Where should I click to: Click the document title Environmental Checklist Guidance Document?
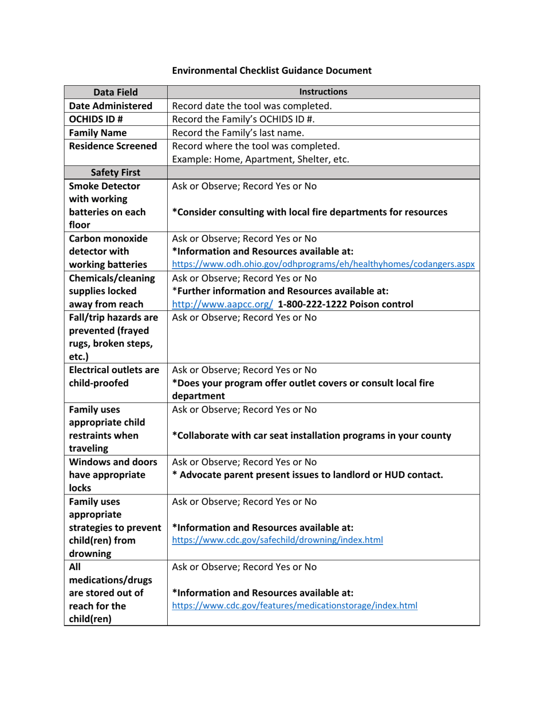point(272,70)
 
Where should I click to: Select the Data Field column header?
point(115,92)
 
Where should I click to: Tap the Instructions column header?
point(323,92)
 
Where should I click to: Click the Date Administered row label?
point(111,106)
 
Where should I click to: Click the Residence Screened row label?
point(113,146)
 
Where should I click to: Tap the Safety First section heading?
point(116,173)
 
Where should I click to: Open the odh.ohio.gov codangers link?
point(323,264)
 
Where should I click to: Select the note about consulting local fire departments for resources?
point(310,212)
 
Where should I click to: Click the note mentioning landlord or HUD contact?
point(308,474)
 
